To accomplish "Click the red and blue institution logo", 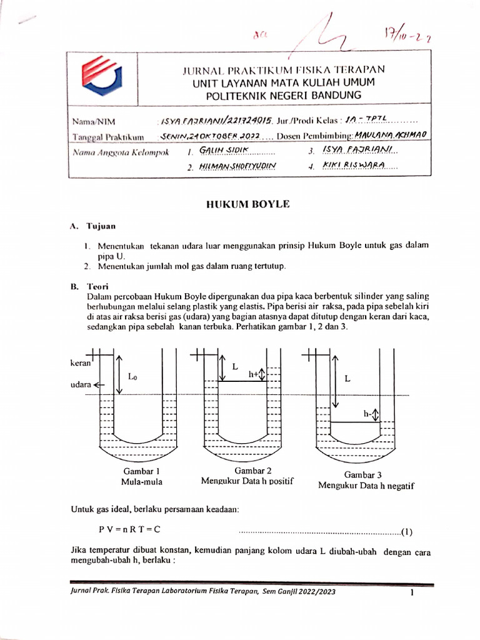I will click(102, 77).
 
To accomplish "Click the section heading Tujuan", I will click(101, 226).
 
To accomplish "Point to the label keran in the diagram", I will click(81, 362).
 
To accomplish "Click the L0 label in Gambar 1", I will click(132, 377).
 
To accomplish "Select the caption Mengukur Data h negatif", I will click(366, 485).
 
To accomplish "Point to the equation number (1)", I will click(407, 532).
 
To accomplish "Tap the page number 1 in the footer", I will click(412, 593).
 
